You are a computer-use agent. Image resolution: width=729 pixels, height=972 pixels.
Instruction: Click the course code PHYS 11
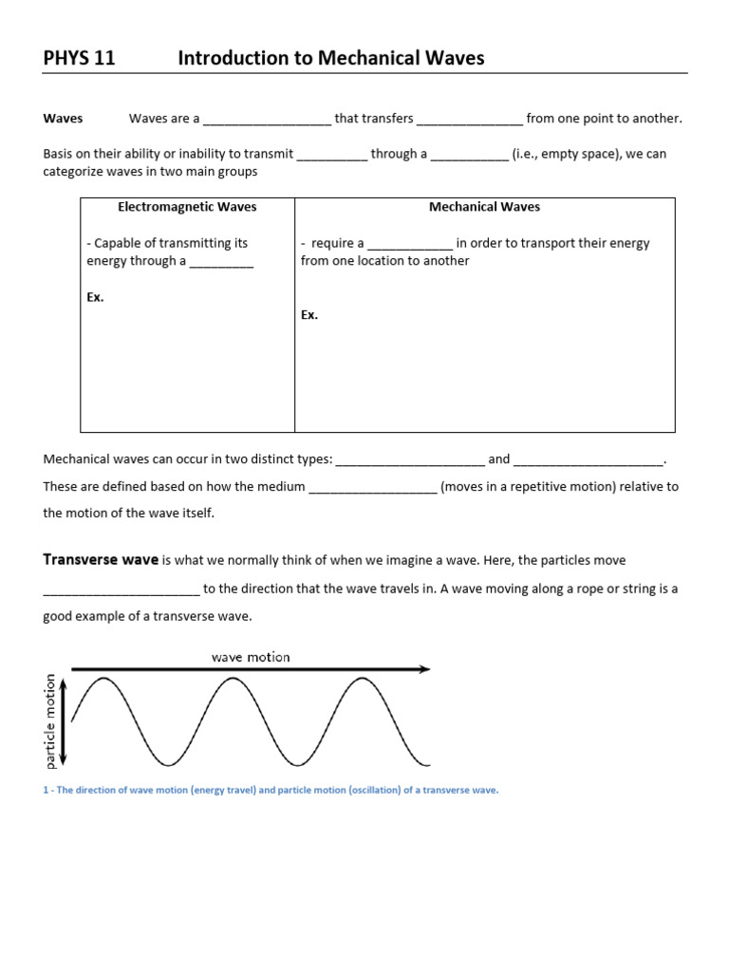(x=79, y=58)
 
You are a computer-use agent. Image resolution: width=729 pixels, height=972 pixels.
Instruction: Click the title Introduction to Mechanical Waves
(x=330, y=58)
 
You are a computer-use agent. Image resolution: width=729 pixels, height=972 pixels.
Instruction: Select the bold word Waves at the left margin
(x=63, y=119)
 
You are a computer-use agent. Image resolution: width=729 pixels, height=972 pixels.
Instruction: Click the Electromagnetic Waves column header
(x=187, y=206)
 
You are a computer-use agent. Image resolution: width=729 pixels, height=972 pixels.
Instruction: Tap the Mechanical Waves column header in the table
(x=484, y=206)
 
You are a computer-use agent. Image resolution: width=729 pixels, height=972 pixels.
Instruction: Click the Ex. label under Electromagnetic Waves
(x=95, y=297)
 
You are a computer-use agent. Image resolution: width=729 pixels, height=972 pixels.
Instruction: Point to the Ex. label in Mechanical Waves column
(x=309, y=315)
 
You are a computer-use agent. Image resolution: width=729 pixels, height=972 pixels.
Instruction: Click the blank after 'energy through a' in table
(x=221, y=263)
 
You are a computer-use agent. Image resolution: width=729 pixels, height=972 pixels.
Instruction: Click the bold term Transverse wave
(x=101, y=560)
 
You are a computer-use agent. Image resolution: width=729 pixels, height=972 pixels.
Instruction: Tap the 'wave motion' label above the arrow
(x=251, y=657)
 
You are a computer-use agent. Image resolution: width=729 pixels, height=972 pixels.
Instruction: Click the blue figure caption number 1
(x=46, y=790)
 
